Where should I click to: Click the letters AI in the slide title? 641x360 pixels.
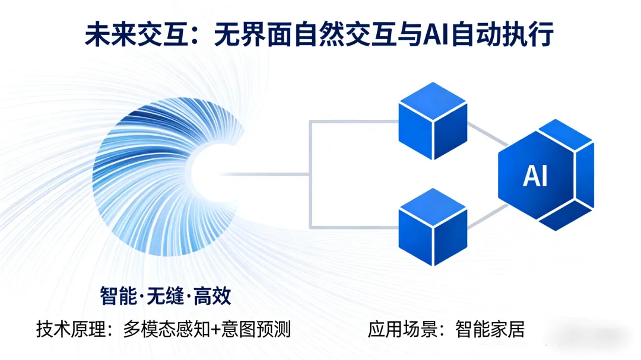pos(436,34)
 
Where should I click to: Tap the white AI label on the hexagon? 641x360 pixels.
pos(535,176)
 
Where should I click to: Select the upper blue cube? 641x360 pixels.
pos(433,121)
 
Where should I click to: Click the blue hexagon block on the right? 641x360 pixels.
pos(543,175)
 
